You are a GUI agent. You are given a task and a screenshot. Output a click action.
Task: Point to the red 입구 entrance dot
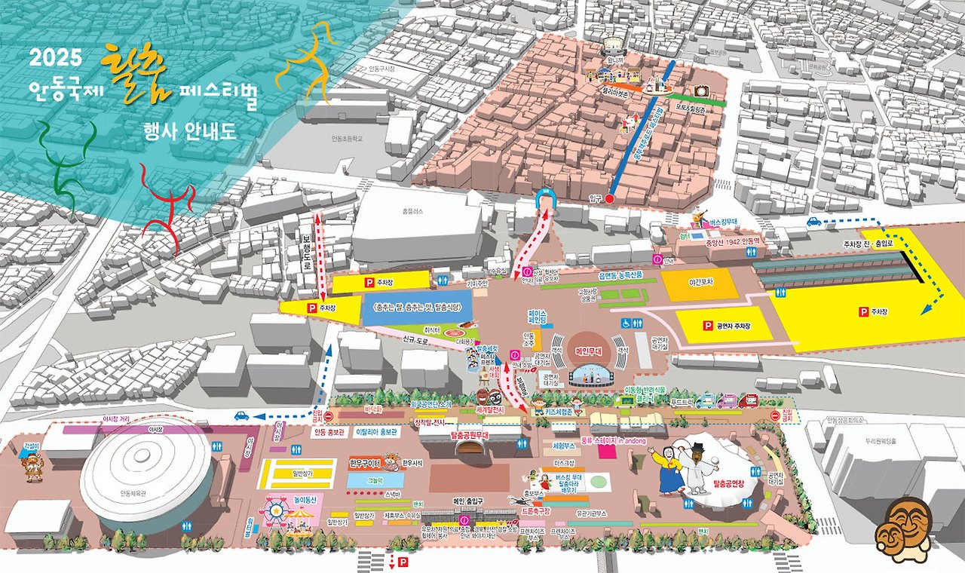(610, 199)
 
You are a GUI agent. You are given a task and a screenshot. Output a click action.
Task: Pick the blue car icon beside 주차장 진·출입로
(814, 222)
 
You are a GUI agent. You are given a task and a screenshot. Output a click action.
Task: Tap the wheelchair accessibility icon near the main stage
(625, 322)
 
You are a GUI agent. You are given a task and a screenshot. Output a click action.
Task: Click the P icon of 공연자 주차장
(707, 326)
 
